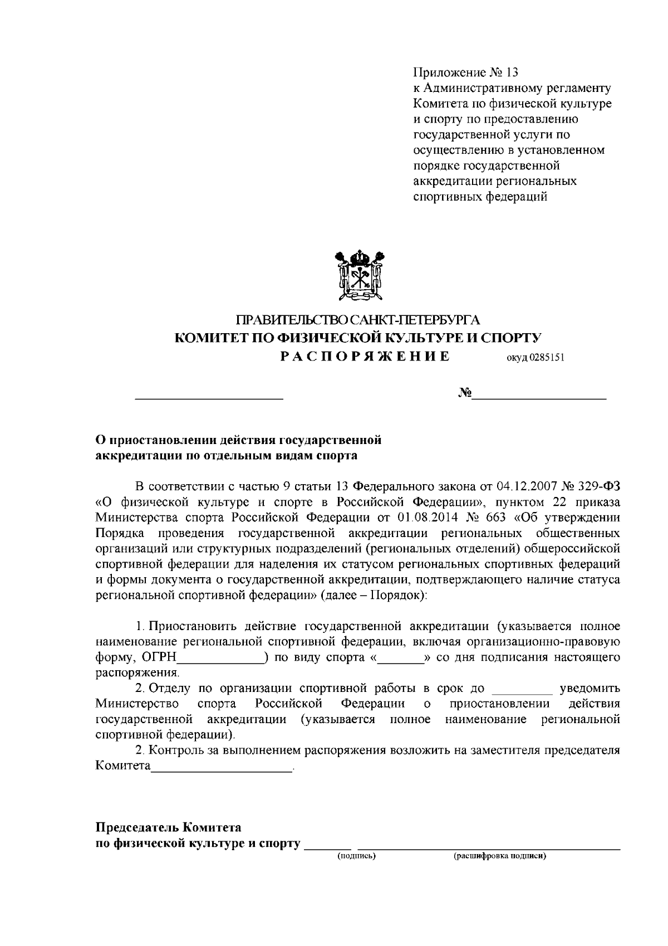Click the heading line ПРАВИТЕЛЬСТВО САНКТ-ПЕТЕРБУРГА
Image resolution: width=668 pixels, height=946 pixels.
coord(358,320)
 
